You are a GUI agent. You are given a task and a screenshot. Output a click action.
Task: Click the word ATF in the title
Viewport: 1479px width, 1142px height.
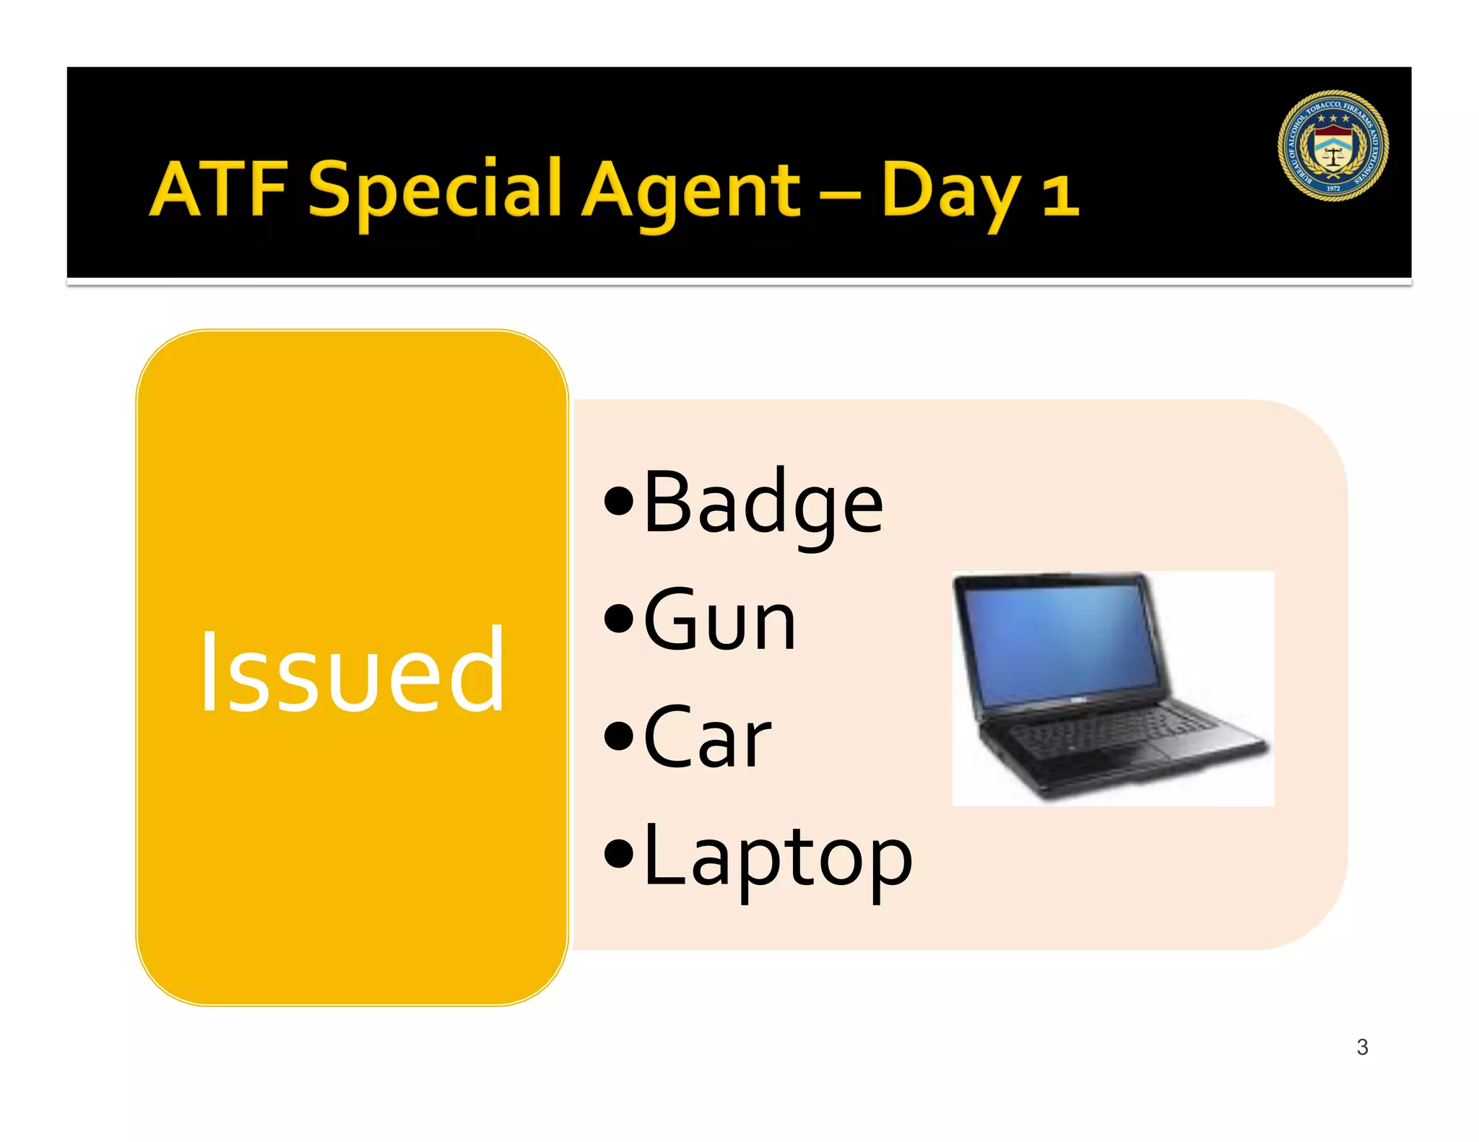[x=220, y=189]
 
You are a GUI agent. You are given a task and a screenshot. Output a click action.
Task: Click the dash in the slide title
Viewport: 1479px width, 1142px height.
[x=841, y=193]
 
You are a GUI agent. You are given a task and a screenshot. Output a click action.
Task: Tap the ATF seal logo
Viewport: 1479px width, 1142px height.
[x=1332, y=145]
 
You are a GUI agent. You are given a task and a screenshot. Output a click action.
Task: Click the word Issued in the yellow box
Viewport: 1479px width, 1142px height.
[x=352, y=671]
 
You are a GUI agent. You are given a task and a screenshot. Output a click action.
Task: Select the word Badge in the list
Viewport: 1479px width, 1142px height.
[x=763, y=503]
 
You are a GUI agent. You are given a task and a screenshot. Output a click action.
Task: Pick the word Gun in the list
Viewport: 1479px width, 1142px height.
[x=719, y=621]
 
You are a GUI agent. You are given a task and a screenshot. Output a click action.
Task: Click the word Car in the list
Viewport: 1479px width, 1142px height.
[x=707, y=738]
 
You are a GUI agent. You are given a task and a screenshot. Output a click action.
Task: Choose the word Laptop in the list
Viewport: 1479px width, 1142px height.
[x=777, y=857]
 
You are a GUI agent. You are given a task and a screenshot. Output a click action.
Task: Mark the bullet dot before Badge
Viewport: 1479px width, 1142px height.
[x=619, y=502]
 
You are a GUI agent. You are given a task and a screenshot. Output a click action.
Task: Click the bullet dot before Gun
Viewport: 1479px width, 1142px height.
[x=619, y=619]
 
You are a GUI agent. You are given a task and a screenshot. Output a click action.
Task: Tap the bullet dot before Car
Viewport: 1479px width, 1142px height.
[x=619, y=738]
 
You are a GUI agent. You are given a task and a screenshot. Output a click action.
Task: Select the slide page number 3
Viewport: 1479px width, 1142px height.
[x=1362, y=1047]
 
